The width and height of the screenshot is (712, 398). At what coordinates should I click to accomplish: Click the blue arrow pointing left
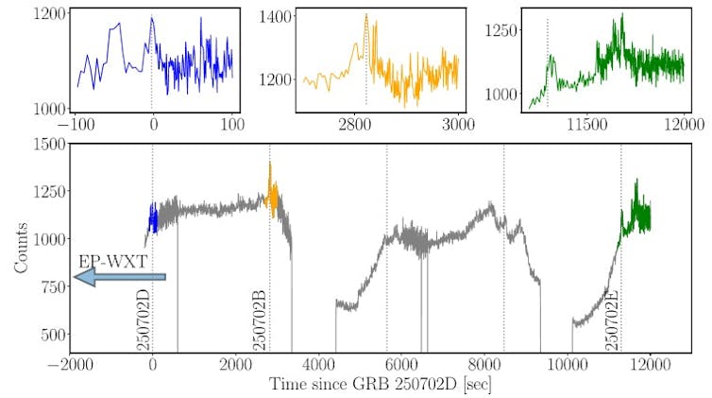click(120, 277)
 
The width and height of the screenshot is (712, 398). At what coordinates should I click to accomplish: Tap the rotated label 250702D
click(144, 320)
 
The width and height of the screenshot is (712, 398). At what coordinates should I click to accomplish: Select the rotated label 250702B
click(261, 320)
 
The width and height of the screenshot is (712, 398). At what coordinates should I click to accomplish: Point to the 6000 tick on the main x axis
click(401, 365)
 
